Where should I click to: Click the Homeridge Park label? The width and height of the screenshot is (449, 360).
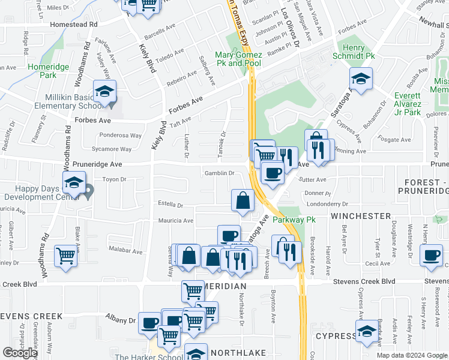41,71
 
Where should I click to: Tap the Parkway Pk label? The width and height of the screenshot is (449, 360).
294,220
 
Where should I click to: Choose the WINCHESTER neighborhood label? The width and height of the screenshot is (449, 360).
360,215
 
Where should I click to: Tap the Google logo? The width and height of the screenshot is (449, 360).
20,353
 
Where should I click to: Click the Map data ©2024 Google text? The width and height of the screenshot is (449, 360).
412,355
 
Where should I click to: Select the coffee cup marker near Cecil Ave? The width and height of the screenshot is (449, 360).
430,254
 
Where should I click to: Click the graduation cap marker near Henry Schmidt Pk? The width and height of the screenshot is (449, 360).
361,79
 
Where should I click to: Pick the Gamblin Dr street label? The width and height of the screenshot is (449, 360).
219,173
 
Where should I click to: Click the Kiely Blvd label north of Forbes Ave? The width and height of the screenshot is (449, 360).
148,58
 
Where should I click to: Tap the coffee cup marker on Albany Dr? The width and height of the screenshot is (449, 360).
149,322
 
